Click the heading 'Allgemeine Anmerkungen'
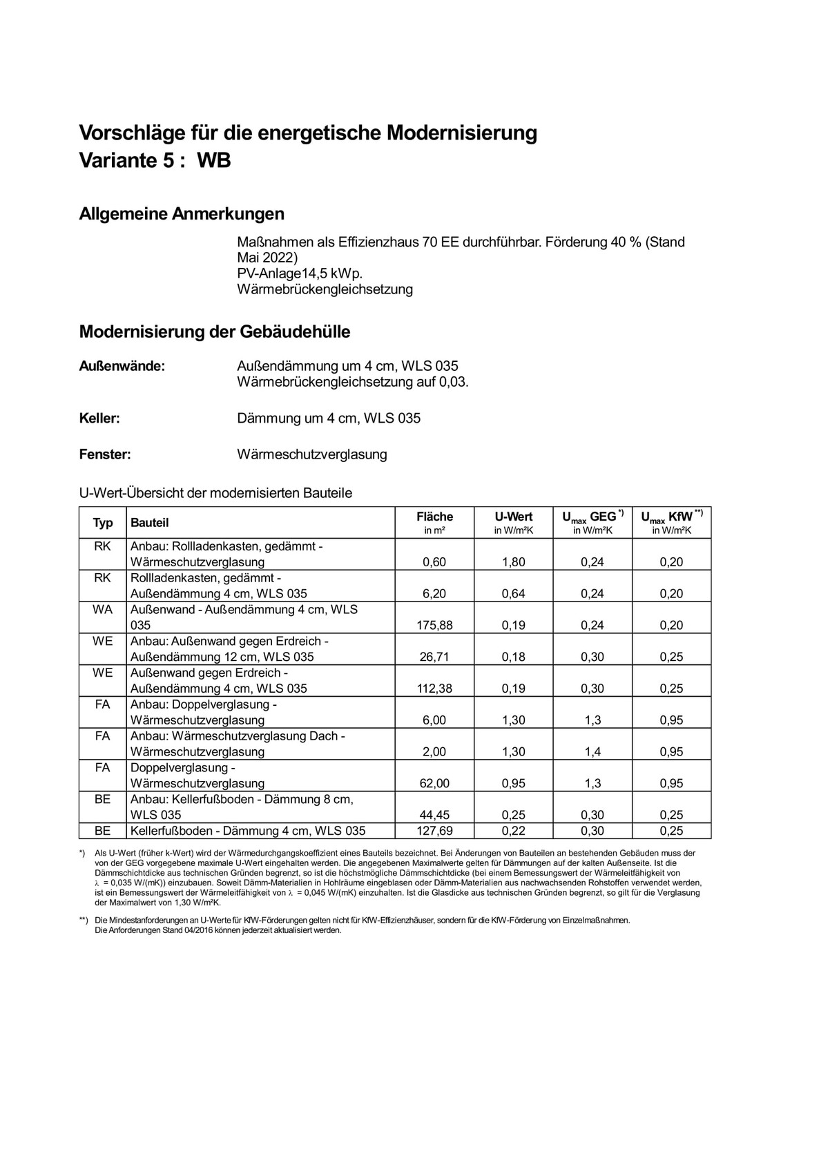(182, 214)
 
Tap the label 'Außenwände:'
(122, 366)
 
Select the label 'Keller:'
(99, 418)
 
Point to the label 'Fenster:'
(105, 454)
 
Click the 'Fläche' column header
(434, 517)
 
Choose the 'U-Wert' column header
(513, 517)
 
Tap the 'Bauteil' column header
(150, 523)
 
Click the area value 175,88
(434, 625)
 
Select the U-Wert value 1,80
(513, 562)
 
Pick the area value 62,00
(434, 783)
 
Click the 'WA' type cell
(102, 609)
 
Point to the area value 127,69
(434, 831)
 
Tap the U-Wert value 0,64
(513, 594)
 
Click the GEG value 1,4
(592, 752)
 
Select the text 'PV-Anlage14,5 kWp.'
(300, 273)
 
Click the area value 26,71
(434, 657)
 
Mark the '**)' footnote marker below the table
(84, 920)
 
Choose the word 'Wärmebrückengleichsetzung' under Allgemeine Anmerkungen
(325, 289)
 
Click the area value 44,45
(434, 815)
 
